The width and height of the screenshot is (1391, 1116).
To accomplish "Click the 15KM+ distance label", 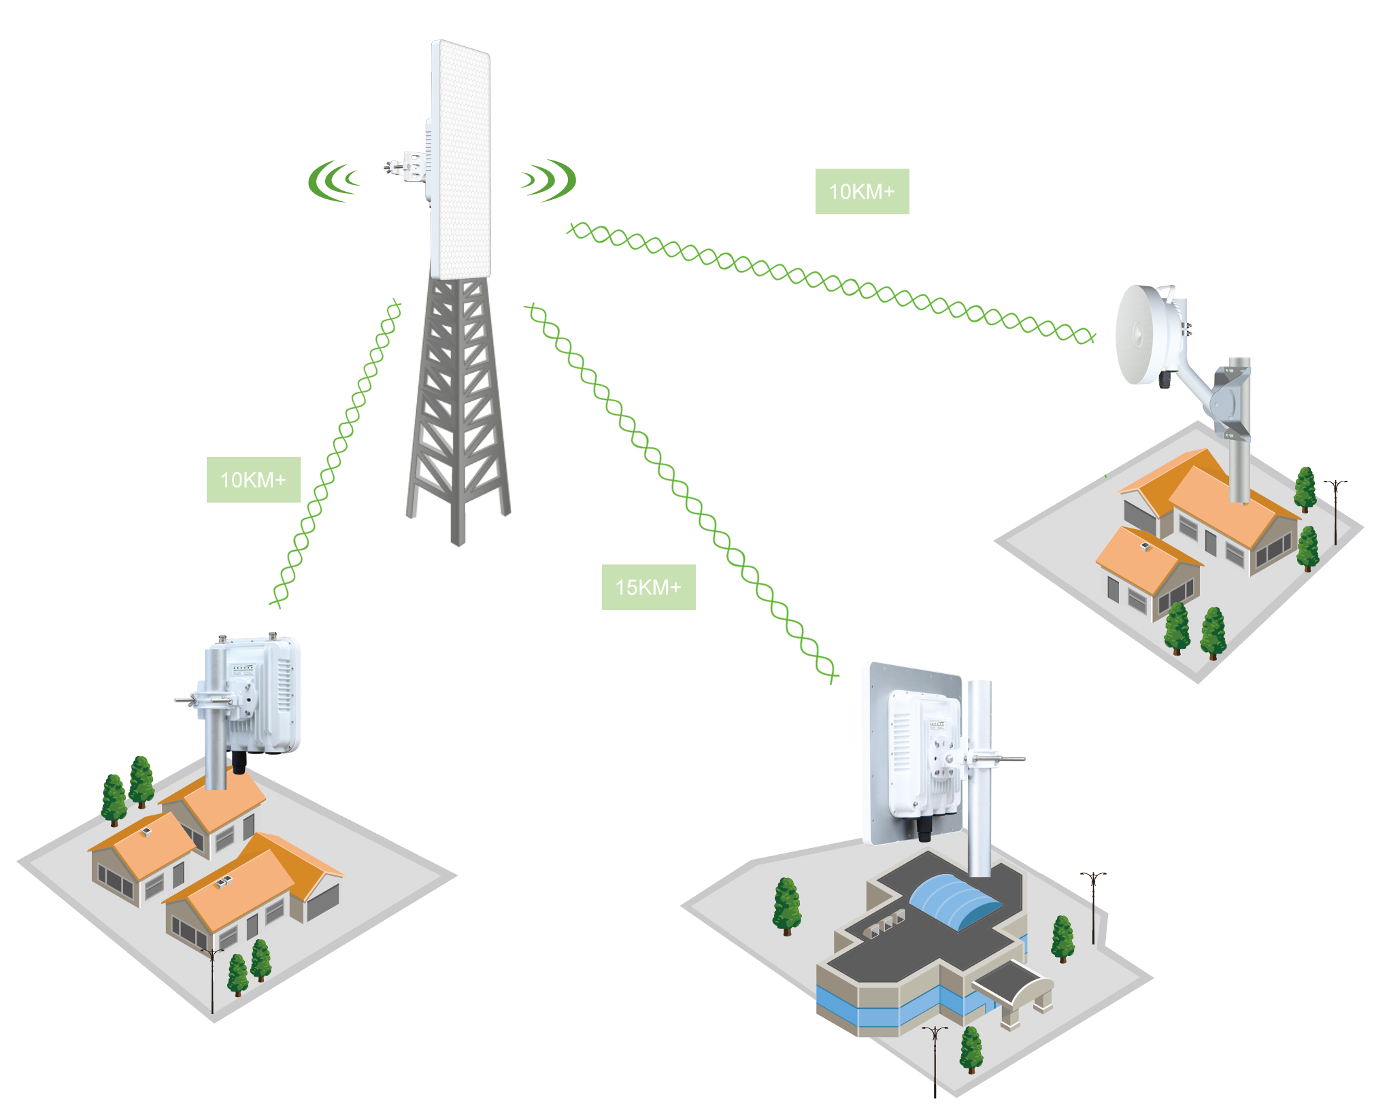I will coord(648,587).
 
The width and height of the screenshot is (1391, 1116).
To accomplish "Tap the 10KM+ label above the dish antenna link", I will coord(862,191).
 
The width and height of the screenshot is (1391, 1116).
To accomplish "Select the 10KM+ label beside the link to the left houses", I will coord(253,479).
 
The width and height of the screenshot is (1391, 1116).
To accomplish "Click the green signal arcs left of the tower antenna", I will coord(333,181).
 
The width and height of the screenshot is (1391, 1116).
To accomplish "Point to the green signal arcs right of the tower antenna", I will coord(550,180).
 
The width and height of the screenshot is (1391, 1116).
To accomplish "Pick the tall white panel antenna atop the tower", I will coord(460,160).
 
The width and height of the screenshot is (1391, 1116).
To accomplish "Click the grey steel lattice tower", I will coord(458,408).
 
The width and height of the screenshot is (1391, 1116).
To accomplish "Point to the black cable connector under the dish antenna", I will coord(1165,378).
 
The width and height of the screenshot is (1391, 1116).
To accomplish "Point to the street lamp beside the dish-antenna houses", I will coord(1335,510).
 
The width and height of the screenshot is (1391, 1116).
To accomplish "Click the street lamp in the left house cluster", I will coord(213,979).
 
